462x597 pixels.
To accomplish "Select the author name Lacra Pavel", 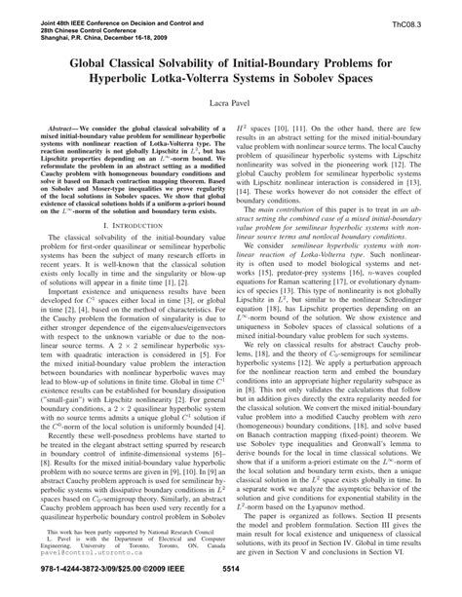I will click(x=230, y=101).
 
